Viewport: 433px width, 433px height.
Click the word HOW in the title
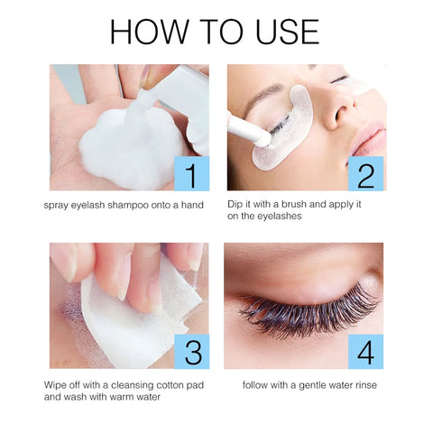click(x=149, y=32)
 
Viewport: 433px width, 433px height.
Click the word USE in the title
click(x=287, y=32)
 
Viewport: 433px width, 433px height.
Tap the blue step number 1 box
click(x=192, y=173)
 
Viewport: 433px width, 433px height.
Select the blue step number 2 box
click(x=366, y=173)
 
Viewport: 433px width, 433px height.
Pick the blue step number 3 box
click(x=192, y=352)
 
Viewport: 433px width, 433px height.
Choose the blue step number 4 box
click(x=366, y=352)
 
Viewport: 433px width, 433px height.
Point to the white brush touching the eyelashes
click(x=248, y=129)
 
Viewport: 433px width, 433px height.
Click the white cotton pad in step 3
click(x=138, y=318)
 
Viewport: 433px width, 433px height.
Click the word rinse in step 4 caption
click(x=366, y=385)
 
